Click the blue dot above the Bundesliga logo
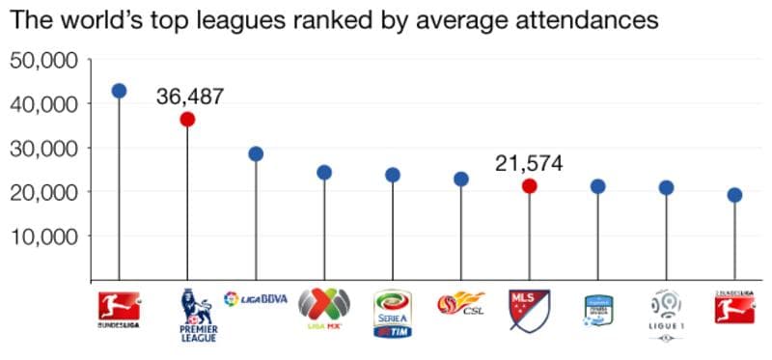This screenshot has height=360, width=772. [119, 91]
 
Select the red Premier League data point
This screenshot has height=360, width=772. [187, 119]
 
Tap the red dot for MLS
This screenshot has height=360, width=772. [529, 185]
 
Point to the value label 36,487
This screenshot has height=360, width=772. [190, 96]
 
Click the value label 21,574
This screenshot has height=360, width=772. [529, 163]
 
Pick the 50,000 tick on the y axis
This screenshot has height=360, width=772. [43, 60]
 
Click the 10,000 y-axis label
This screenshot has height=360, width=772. [43, 235]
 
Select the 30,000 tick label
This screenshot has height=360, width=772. [43, 148]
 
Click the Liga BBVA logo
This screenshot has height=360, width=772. [256, 298]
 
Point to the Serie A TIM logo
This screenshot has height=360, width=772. [393, 313]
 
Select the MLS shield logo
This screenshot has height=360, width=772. [529, 309]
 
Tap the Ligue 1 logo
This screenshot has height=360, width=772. [666, 311]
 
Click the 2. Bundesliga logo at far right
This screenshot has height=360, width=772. [734, 308]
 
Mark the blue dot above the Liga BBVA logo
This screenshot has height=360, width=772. [256, 153]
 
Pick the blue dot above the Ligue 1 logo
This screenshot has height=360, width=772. [666, 187]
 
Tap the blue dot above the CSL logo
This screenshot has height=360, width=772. [460, 179]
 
